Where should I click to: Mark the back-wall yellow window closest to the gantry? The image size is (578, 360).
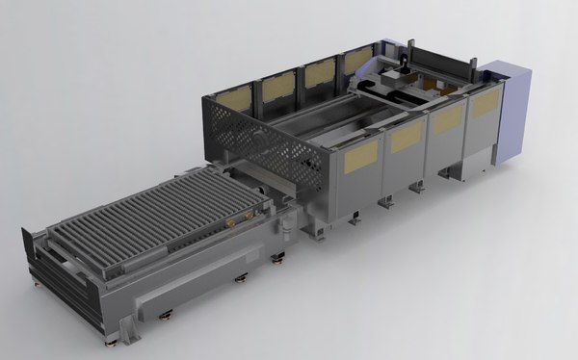[x=357, y=61]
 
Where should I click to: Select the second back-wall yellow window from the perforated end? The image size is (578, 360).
[x=278, y=88]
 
